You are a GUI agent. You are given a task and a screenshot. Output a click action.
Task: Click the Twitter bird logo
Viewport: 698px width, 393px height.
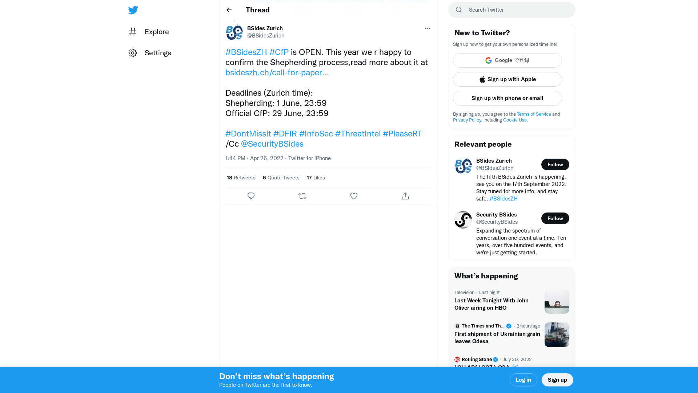133,10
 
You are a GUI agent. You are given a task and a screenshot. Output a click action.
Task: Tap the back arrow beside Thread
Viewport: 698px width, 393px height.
229,10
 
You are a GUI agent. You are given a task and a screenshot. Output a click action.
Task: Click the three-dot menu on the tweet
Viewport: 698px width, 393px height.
428,28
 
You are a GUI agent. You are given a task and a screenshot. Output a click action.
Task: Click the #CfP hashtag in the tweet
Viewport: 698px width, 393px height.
279,52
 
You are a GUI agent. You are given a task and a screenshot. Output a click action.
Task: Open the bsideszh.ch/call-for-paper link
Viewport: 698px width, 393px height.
276,73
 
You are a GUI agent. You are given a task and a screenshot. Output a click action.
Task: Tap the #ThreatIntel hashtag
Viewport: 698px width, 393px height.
358,134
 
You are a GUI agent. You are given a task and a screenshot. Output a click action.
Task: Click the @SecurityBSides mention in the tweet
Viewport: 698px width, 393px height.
272,144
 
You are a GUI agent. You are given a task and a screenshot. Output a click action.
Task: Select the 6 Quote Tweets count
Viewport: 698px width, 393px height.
281,178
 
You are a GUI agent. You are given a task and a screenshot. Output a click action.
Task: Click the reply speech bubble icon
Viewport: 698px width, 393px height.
251,196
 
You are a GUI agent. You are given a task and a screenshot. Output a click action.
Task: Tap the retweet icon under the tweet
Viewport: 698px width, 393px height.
302,196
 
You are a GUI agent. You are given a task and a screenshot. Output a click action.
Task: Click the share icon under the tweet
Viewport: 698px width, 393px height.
405,196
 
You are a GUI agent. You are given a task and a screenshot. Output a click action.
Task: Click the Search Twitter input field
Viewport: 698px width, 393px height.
516,10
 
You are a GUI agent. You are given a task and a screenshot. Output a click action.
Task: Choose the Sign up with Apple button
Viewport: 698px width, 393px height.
508,79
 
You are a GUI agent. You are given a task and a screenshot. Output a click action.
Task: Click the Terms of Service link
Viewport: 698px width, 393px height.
534,114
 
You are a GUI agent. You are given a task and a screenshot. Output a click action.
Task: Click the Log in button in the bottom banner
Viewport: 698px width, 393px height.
523,380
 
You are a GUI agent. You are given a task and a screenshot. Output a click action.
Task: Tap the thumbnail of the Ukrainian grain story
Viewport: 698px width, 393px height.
557,335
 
